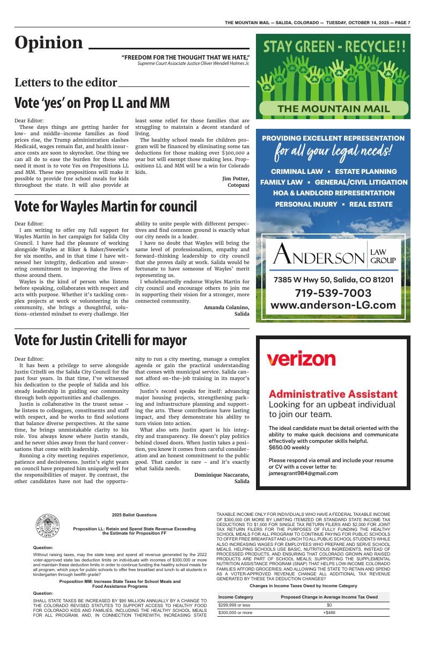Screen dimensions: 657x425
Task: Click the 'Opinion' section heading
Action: point(49,43)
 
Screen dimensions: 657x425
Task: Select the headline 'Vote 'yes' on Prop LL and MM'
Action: point(92,103)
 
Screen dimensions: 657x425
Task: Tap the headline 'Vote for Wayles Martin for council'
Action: point(106,206)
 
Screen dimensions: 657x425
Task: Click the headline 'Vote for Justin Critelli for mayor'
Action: point(100,340)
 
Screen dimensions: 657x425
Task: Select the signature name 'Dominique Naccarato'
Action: point(222,475)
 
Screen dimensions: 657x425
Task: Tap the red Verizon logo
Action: point(301,359)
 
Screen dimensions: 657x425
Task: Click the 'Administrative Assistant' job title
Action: point(333,394)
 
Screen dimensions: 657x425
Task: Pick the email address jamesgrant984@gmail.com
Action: point(303,473)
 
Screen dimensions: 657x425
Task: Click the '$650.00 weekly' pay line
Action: point(289,447)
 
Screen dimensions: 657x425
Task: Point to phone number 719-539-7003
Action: point(333,293)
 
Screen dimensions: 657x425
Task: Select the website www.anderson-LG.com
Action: point(333,305)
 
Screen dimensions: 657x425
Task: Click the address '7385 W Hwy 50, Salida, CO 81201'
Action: point(333,280)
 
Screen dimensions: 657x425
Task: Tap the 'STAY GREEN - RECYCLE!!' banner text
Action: point(333,47)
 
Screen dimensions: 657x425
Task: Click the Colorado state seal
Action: point(47,526)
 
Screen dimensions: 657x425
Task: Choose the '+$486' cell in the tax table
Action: point(329,612)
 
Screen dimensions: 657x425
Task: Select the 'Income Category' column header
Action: point(236,597)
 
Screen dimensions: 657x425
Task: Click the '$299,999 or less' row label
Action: point(234,605)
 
